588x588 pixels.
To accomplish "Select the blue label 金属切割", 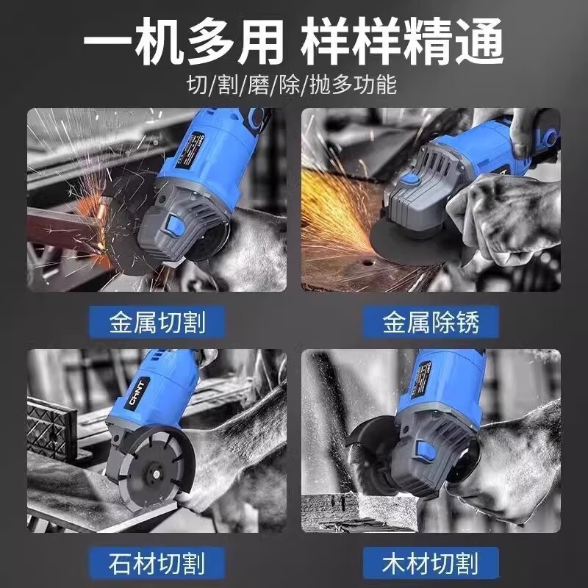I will [157, 321].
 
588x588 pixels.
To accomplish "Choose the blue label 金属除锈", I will [431, 321].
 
